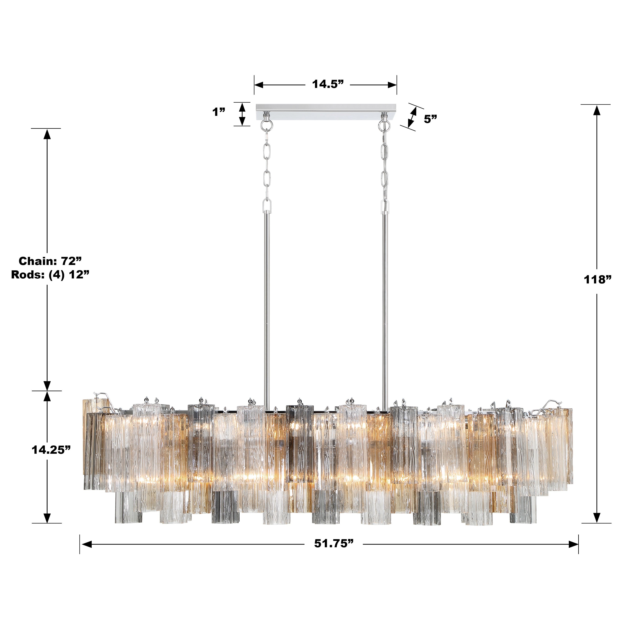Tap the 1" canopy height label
pos(219,112)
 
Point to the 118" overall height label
pos(597,280)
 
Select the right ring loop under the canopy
pos(383,125)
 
